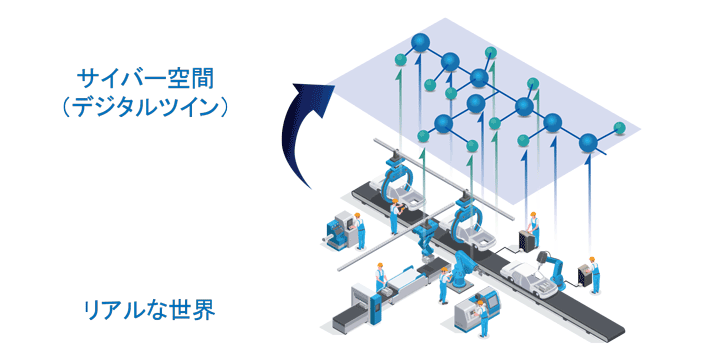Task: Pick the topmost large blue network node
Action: [420, 43]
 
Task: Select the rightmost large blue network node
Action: [589, 143]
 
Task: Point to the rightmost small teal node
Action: [622, 128]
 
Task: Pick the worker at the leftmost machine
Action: [361, 233]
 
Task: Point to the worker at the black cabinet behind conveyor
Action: [534, 226]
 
